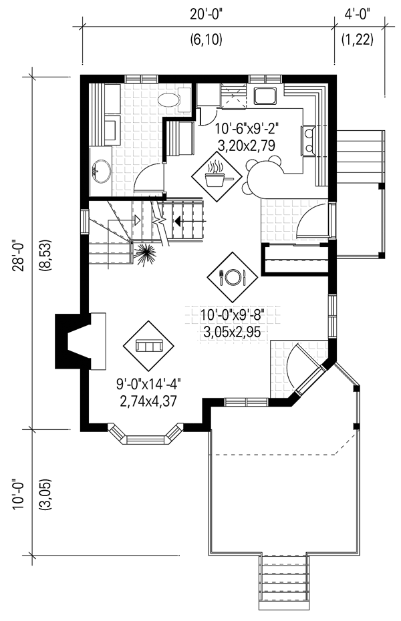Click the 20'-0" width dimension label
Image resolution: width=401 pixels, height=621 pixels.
point(207,15)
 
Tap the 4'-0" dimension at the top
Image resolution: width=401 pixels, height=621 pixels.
point(357,15)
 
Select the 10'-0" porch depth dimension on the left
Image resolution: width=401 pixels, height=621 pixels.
point(19,495)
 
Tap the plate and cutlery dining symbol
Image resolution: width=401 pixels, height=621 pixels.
point(232,276)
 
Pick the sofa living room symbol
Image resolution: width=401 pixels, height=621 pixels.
point(148,345)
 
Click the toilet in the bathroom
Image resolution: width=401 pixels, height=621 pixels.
point(174,99)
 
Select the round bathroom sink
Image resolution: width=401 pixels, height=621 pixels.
point(102,171)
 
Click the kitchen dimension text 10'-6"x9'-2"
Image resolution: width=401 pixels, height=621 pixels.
point(247,129)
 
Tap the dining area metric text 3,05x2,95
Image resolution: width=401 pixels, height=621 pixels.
point(232,332)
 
